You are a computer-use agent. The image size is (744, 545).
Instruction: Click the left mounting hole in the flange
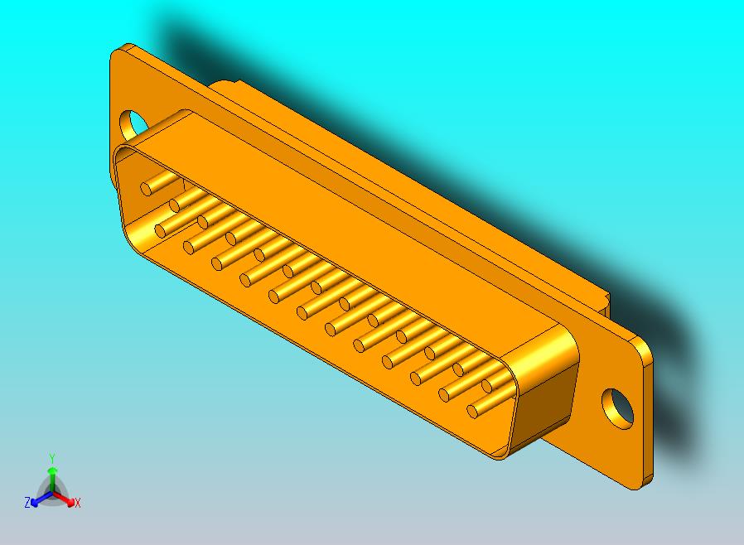click(x=133, y=124)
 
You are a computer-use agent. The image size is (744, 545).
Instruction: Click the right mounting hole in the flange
click(x=616, y=407)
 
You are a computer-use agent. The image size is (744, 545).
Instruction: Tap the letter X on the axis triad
click(x=77, y=503)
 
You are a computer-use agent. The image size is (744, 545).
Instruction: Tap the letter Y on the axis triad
click(x=52, y=458)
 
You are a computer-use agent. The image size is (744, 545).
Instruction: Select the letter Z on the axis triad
click(x=27, y=502)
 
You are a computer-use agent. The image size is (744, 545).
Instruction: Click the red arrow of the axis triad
click(x=68, y=500)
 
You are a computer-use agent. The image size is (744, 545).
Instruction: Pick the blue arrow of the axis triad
click(x=36, y=500)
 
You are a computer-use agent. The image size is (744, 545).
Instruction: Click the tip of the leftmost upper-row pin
click(x=147, y=189)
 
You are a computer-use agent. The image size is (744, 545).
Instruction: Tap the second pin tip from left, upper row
click(x=176, y=204)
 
